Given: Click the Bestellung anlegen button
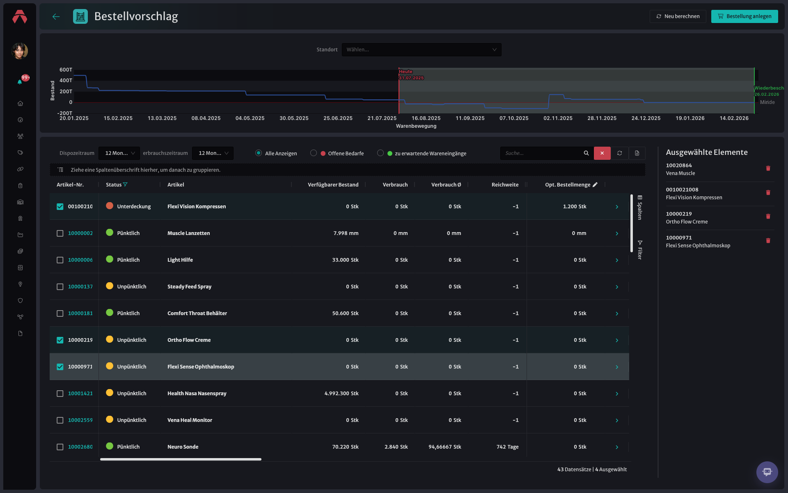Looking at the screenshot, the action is tap(744, 16).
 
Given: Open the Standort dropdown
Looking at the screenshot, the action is tap(421, 50).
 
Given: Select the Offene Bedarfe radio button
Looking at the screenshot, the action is tap(314, 153).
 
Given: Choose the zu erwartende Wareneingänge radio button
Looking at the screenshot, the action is tap(380, 153).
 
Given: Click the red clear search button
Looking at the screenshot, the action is tap(602, 153).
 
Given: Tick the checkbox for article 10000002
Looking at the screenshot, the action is tap(60, 233).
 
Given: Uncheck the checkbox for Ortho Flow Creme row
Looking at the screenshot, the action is tap(60, 340).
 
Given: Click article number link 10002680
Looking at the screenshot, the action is tap(80, 447).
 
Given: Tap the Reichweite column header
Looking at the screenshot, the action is tap(505, 185).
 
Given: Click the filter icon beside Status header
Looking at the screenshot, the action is tap(125, 185).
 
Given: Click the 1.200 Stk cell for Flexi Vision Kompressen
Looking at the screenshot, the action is tap(575, 207).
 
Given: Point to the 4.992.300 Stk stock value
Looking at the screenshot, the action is tap(341, 394).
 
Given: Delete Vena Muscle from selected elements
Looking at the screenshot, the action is tap(768, 168).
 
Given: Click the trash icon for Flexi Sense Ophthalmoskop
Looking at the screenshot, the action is tap(768, 241).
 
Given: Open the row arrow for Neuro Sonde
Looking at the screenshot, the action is tap(617, 447).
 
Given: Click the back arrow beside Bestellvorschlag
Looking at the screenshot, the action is tap(56, 16).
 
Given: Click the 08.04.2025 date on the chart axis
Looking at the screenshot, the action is tap(206, 118).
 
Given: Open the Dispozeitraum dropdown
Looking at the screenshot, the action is tap(119, 153).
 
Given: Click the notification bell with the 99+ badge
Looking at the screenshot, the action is tap(20, 82).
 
